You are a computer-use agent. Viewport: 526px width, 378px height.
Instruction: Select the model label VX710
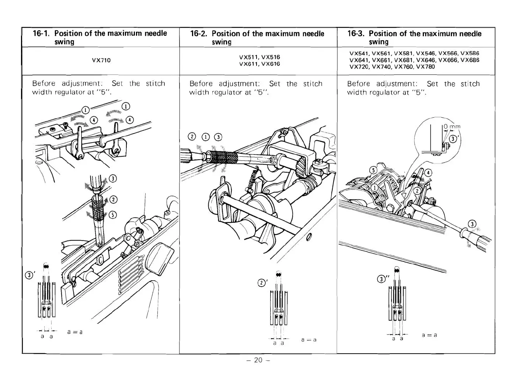click(x=101, y=60)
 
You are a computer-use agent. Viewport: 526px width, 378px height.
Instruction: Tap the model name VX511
click(x=248, y=57)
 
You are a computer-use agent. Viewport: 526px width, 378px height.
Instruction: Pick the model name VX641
click(x=359, y=60)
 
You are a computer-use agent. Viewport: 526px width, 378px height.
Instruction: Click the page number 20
click(x=258, y=360)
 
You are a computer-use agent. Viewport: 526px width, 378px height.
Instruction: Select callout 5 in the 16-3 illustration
click(x=373, y=170)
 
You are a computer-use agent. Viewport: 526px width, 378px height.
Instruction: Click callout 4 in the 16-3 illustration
click(x=428, y=173)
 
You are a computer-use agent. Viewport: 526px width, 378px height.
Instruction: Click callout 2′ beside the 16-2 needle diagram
click(x=261, y=283)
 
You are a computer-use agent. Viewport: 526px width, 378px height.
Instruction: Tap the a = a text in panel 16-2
click(x=309, y=339)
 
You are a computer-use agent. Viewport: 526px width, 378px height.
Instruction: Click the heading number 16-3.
click(x=356, y=34)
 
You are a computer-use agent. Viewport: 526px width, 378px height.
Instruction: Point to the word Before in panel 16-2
click(x=202, y=84)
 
